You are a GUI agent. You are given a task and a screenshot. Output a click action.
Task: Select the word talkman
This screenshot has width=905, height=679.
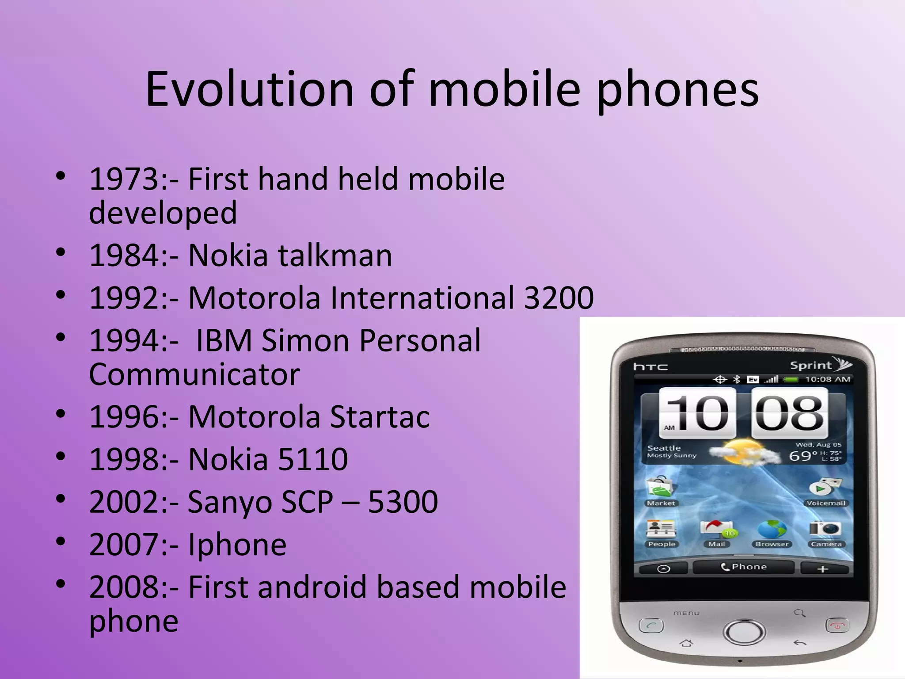click(x=335, y=256)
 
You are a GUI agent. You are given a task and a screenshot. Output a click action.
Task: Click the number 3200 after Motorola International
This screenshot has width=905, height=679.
click(x=559, y=298)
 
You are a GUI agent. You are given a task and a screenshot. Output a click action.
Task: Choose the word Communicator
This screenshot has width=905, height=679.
click(x=194, y=374)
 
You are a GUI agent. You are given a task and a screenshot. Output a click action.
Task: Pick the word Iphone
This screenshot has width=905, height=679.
click(x=237, y=545)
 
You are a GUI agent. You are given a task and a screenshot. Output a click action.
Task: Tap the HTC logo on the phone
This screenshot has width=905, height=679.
click(x=650, y=366)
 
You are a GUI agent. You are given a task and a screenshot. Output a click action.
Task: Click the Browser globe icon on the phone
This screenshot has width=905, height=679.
click(x=772, y=530)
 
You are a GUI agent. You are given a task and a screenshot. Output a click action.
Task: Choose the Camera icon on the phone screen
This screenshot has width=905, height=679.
click(x=825, y=529)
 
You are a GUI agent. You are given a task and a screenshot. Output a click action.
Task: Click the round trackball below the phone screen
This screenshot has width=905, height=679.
click(x=744, y=631)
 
